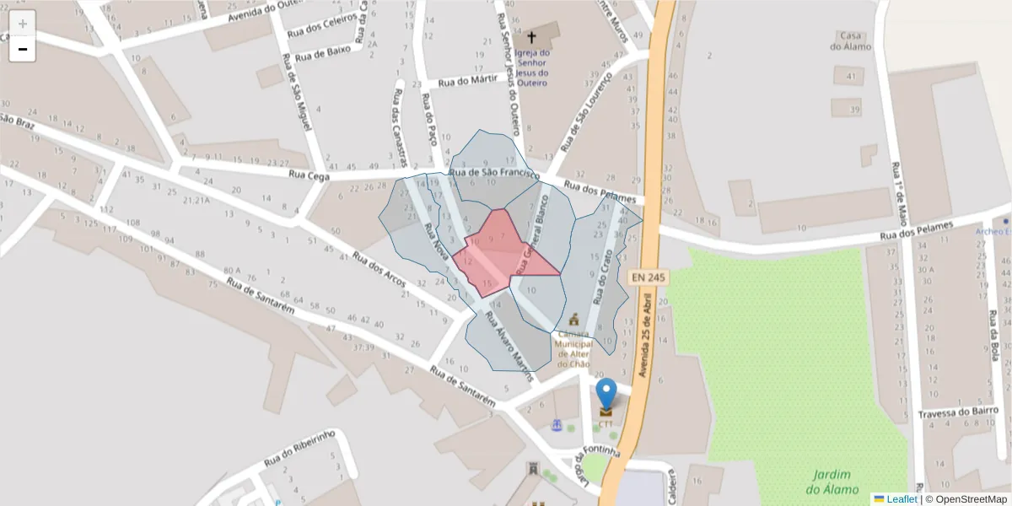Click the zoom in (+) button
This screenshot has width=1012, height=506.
pos(23,24)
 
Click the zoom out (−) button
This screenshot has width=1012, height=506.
pos(23,49)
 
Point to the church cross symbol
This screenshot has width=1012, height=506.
pos(531,38)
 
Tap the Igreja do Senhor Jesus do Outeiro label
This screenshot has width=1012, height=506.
pos(531,67)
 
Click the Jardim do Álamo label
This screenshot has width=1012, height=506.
pos(832,482)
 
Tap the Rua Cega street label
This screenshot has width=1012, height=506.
pos(308,175)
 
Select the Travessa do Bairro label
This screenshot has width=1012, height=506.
pos(958,412)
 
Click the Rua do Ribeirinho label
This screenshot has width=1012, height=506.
pos(299,448)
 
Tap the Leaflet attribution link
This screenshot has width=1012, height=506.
pos(901,499)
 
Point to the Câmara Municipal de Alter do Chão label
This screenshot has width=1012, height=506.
pos(573,348)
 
